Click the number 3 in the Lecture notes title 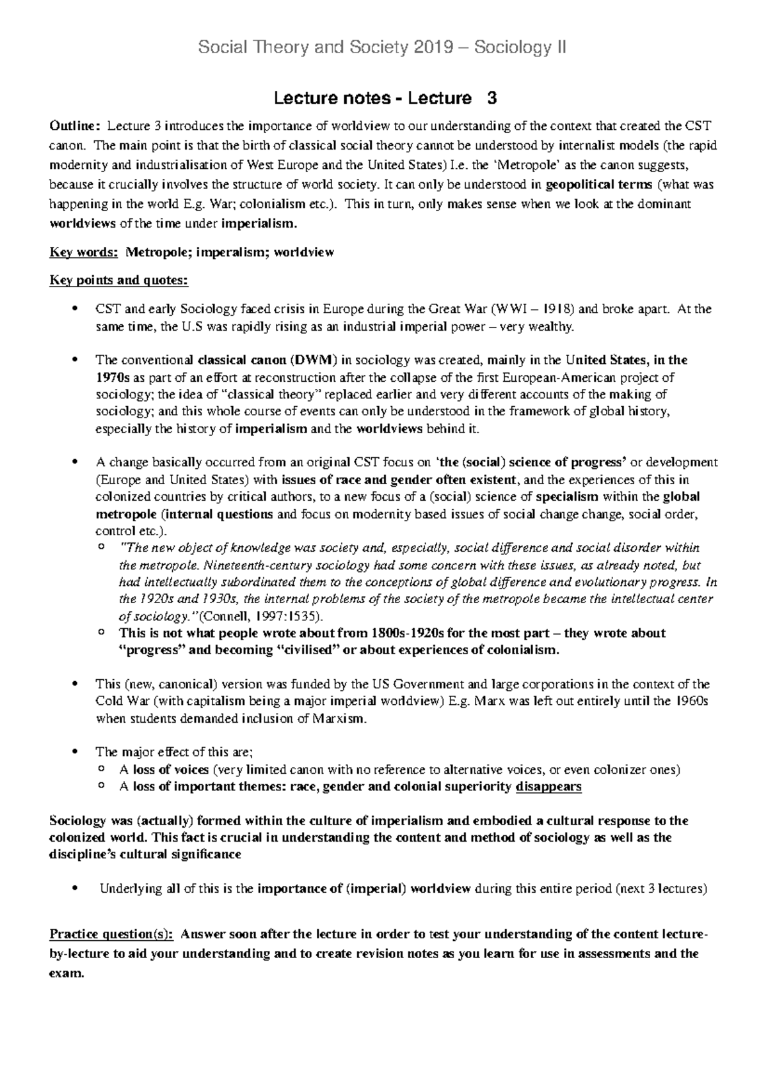(492, 98)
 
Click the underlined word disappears (548, 787)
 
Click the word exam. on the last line (67, 975)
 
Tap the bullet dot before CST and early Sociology (76, 310)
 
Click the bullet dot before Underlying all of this (76, 888)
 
